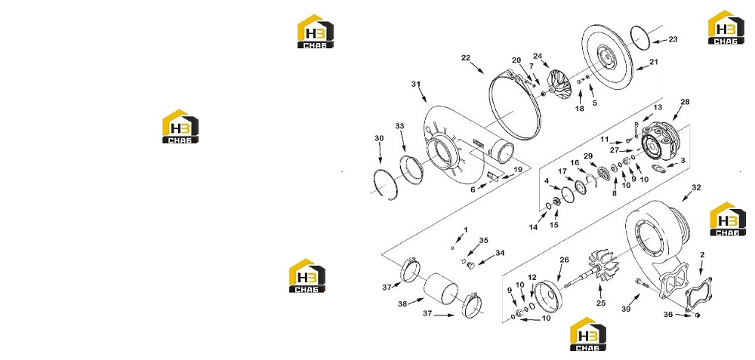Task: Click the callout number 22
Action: click(x=465, y=58)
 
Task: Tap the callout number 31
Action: click(x=416, y=85)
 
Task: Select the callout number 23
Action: click(x=673, y=39)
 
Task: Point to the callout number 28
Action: click(x=686, y=102)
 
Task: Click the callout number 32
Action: click(x=696, y=187)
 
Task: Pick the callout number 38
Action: click(x=403, y=303)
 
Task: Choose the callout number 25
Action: click(x=600, y=303)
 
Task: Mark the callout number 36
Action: click(x=667, y=314)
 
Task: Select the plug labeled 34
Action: click(x=471, y=265)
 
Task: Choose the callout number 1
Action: click(x=465, y=229)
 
